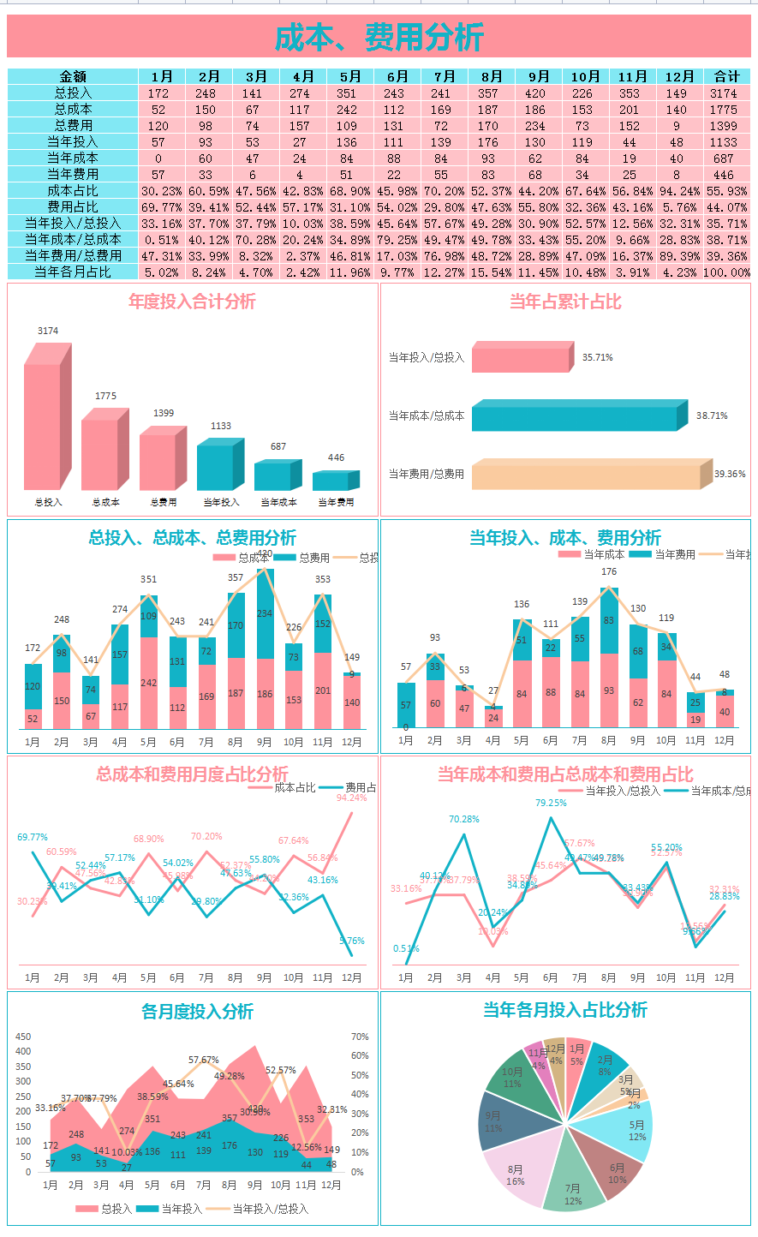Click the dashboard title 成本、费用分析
379,37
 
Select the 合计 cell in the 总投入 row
726,93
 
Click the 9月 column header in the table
538,76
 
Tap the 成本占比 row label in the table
73,190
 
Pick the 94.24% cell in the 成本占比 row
680,190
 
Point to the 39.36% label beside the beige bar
730,474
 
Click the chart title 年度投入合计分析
192,302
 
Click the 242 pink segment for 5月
148,683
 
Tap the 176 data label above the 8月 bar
609,571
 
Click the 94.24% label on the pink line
351,798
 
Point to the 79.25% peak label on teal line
551,803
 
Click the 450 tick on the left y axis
23,1037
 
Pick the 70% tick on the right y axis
360,1037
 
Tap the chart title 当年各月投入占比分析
565,1010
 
